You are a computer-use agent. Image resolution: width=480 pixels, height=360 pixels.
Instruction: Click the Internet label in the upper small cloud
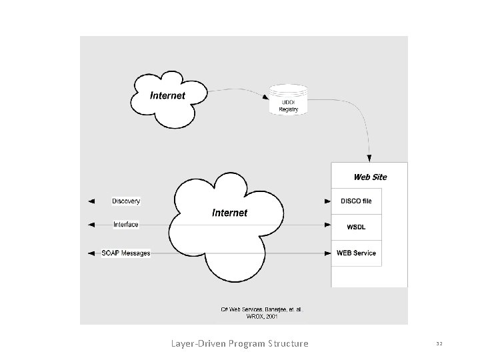pyautogui.click(x=167, y=95)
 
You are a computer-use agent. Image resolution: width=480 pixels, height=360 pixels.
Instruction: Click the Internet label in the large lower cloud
pyautogui.click(x=229, y=213)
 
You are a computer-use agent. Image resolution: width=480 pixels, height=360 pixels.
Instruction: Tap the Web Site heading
pyautogui.click(x=369, y=177)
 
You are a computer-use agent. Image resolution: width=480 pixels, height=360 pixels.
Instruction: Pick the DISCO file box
pyautogui.click(x=356, y=201)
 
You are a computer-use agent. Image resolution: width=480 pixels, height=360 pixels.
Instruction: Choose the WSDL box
pyautogui.click(x=356, y=227)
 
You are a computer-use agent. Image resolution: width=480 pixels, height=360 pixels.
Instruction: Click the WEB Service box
pyautogui.click(x=356, y=253)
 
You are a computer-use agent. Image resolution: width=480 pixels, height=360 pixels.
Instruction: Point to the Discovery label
pyautogui.click(x=126, y=201)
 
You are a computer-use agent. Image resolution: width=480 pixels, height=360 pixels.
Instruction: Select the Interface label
pyautogui.click(x=126, y=225)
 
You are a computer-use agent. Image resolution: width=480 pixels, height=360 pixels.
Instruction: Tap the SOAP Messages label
pyautogui.click(x=126, y=253)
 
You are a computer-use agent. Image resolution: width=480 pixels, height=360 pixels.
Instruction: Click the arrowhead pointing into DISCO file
pyautogui.click(x=328, y=201)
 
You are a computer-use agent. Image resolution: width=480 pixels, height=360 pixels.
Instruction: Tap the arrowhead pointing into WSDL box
pyautogui.click(x=328, y=225)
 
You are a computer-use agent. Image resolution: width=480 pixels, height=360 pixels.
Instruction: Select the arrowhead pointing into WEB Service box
pyautogui.click(x=328, y=253)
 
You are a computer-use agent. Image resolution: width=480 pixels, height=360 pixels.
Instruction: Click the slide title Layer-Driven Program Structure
pyautogui.click(x=240, y=343)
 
